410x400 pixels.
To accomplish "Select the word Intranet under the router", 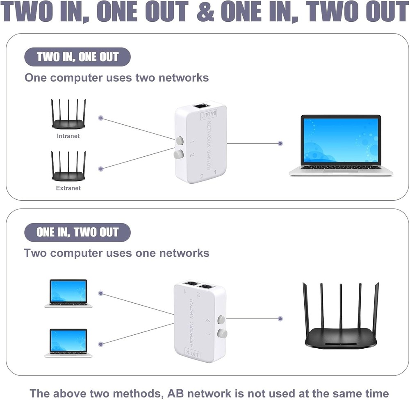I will pyautogui.click(x=68, y=136).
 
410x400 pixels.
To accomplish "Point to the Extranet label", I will pyautogui.click(x=68, y=188).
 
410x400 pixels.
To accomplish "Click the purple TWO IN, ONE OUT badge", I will pyautogui.click(x=77, y=57).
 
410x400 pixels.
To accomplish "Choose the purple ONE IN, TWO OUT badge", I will pyautogui.click(x=77, y=233).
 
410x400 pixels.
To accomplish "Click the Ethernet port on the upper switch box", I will pyautogui.click(x=201, y=106).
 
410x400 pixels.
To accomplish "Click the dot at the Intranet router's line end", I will pyautogui.click(x=101, y=118).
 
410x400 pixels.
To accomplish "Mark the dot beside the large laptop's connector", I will pyautogui.click(x=280, y=144).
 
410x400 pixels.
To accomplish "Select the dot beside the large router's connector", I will pyautogui.click(x=280, y=318).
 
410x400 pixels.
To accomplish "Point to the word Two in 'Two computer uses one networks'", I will pyautogui.click(x=35, y=253).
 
